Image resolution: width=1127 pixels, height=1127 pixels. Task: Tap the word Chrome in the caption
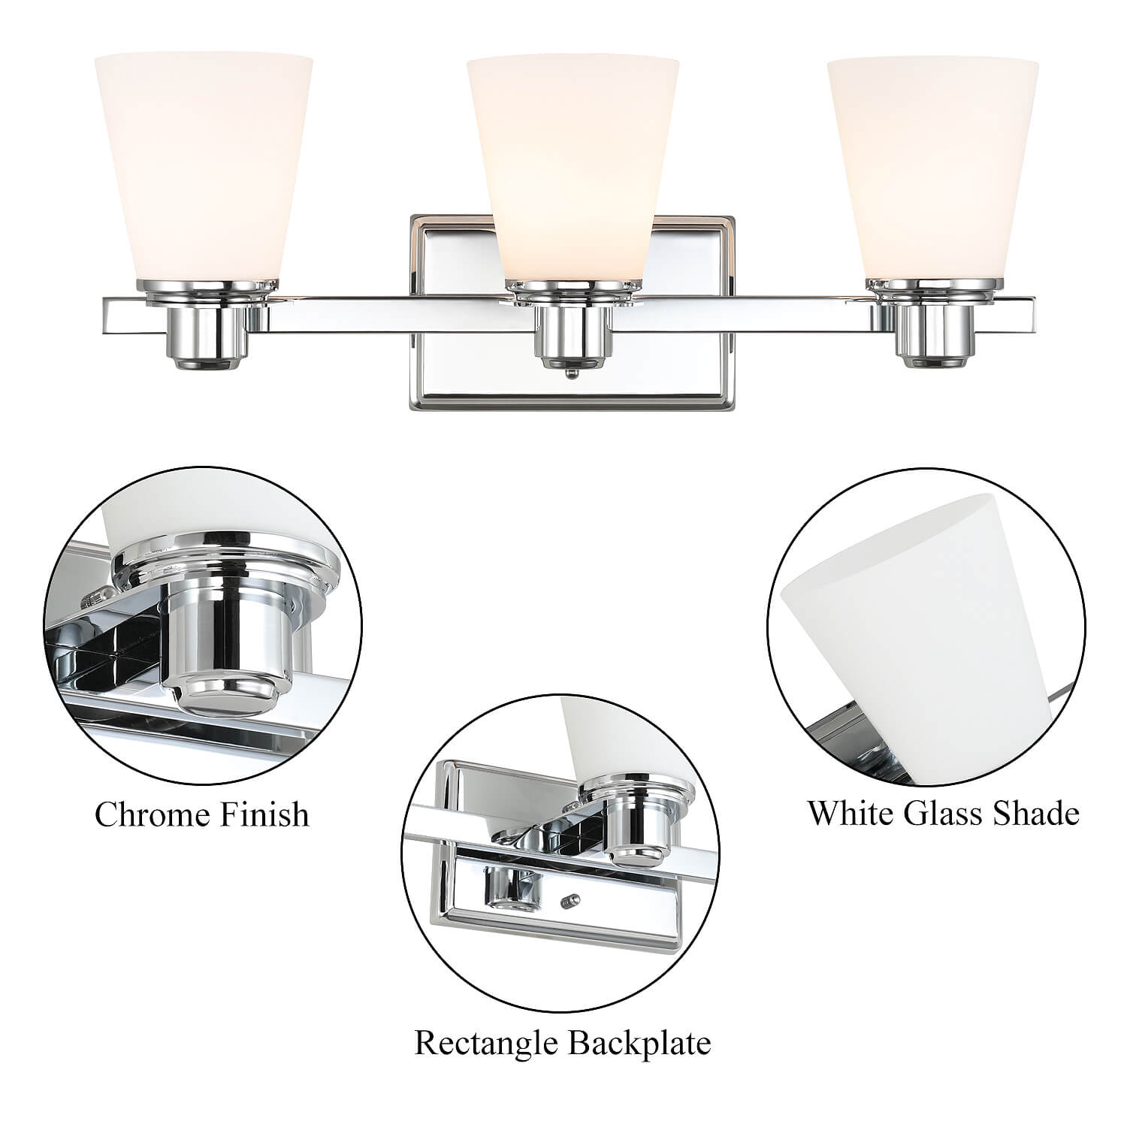point(149,814)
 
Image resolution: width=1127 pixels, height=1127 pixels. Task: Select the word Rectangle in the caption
point(485,1044)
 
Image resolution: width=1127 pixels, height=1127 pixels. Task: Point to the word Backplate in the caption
point(639,1044)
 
